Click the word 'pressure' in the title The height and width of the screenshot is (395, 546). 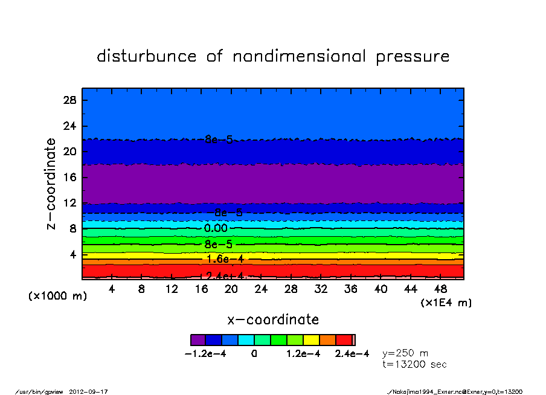(413, 57)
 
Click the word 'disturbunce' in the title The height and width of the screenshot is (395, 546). (147, 56)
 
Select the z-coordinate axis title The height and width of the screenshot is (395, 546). (51, 184)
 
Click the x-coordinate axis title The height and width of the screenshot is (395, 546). (273, 320)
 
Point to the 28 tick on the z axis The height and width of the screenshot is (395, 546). (69, 100)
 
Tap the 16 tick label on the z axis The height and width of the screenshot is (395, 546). (69, 178)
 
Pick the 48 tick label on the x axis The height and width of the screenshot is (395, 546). (440, 289)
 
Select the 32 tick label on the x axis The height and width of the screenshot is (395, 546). (321, 289)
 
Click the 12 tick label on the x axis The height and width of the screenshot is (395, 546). (172, 289)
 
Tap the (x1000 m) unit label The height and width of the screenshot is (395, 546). (53, 297)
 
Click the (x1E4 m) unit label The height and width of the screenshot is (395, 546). (446, 303)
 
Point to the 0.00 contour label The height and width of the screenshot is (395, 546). (216, 228)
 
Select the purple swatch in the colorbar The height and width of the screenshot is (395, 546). (198, 340)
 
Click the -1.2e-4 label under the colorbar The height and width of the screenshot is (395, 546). (205, 355)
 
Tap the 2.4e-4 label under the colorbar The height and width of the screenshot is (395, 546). (352, 355)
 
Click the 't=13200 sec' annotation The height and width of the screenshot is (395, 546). (414, 364)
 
